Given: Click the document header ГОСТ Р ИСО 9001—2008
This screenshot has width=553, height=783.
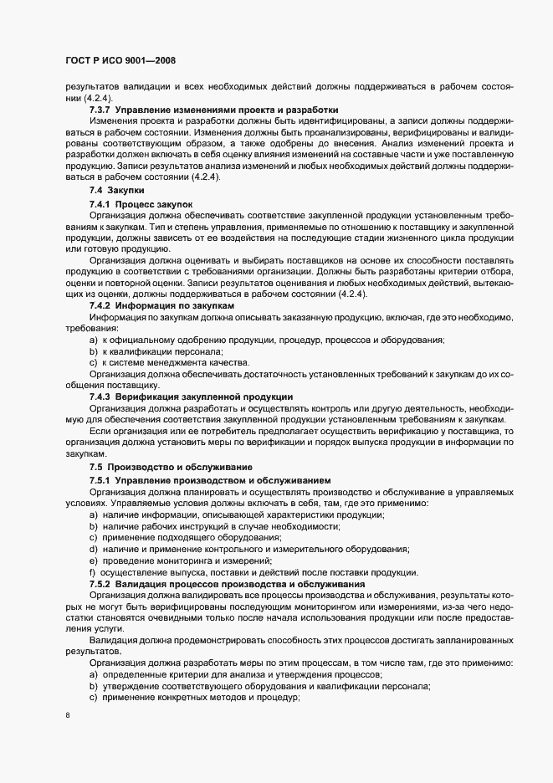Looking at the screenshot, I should point(119,60).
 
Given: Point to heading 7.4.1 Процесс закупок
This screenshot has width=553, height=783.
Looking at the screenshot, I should point(141,203).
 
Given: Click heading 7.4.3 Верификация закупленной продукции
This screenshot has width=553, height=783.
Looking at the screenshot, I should point(191,395).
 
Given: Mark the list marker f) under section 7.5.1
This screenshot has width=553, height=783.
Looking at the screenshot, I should point(93,571).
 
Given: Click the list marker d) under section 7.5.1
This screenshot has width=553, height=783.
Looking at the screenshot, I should point(94,549).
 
